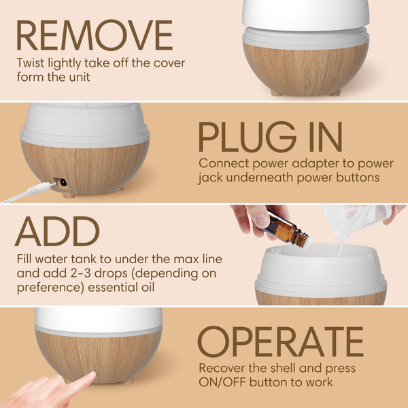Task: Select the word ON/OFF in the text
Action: click(223, 382)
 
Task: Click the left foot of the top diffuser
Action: click(275, 92)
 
